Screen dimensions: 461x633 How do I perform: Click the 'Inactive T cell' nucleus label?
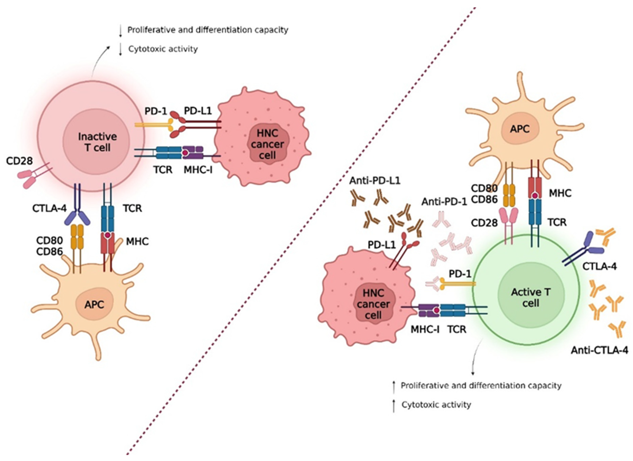coord(97,142)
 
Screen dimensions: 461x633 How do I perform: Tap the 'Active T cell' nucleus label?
coord(531,297)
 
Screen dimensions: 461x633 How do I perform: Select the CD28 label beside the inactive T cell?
coord(19,161)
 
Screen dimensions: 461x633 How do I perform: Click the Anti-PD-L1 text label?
coord(375,181)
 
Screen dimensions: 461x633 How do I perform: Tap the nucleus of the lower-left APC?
coord(94,305)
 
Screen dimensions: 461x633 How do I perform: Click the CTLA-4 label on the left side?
coord(49,208)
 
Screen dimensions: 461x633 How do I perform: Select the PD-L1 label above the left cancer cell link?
coord(198,111)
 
